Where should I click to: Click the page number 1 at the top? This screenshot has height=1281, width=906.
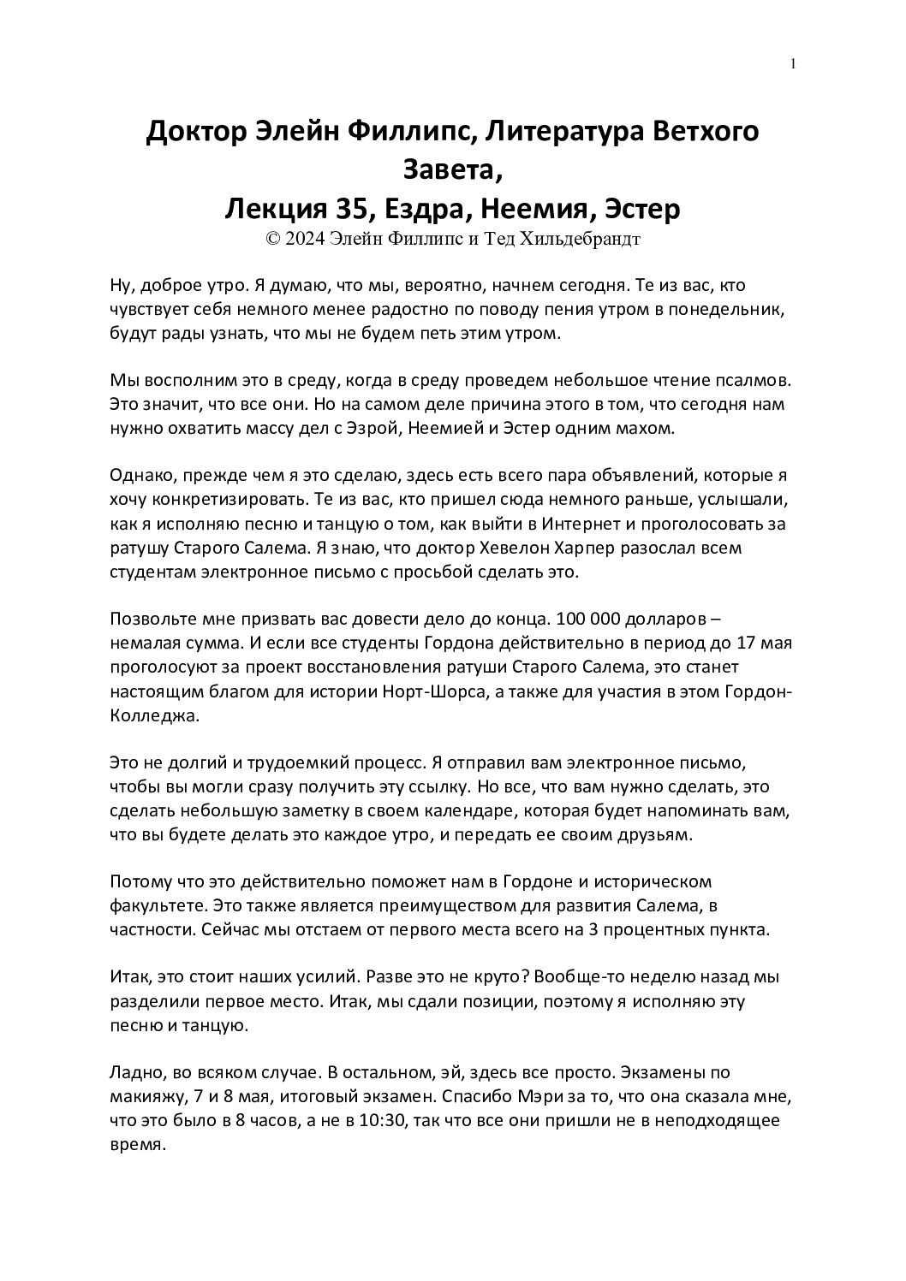pyautogui.click(x=794, y=63)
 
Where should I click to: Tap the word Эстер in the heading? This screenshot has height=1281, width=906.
pyautogui.click(x=643, y=208)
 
